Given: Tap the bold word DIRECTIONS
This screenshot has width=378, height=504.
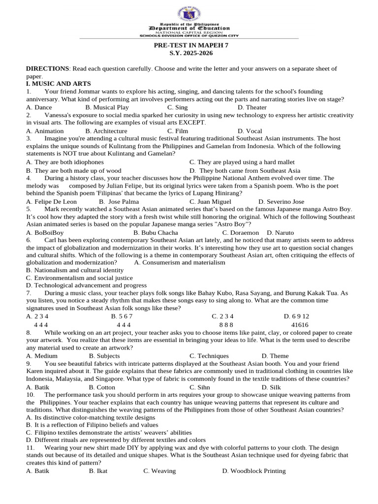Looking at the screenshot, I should (x=47, y=68).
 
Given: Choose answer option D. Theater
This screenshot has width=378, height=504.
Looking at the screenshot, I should (x=252, y=107).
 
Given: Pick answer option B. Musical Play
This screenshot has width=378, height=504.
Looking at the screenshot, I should (x=107, y=107).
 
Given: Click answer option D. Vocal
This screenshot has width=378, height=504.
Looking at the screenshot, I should (x=250, y=131).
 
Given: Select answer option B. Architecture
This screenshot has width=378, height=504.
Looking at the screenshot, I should (x=106, y=131).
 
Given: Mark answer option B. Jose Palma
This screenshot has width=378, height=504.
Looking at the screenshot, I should (x=119, y=201).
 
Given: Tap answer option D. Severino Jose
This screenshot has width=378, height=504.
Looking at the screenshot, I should (x=282, y=201).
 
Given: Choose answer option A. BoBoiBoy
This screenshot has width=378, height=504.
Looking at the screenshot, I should (x=45, y=232).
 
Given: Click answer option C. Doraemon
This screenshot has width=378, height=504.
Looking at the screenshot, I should (x=240, y=232).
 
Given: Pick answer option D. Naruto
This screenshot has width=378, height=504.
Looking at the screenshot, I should (x=280, y=232).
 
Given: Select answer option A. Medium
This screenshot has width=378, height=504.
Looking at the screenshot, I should (x=42, y=356).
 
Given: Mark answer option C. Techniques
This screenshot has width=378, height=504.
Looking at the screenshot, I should (x=209, y=356).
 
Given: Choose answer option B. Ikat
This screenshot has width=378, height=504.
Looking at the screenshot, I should (x=98, y=471).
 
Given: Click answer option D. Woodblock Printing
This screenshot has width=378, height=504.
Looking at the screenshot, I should (x=253, y=471).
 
